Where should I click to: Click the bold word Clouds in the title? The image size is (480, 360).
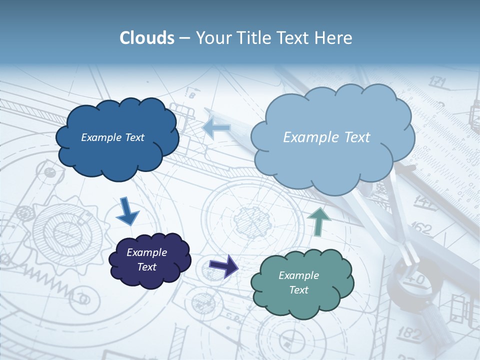click(x=146, y=38)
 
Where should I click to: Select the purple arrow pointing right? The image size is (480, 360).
click(x=223, y=265)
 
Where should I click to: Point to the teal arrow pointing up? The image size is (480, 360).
click(x=318, y=221)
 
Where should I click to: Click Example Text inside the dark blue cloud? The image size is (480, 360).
click(x=112, y=137)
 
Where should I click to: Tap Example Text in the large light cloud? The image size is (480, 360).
click(x=326, y=137)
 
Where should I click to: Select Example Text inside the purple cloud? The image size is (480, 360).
click(x=147, y=259)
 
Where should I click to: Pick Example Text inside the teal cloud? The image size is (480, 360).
click(x=298, y=282)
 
